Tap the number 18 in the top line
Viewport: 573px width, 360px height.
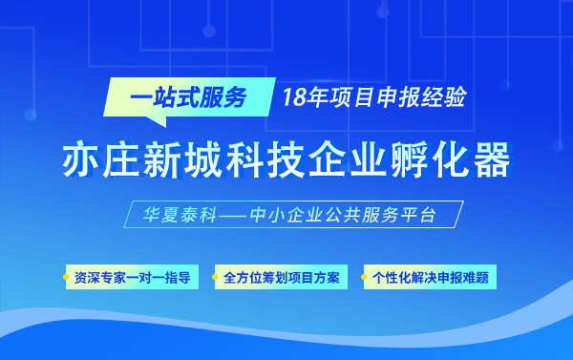point(292,97)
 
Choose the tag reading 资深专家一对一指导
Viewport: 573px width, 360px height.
point(132,279)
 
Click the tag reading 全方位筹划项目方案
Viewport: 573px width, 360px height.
point(282,279)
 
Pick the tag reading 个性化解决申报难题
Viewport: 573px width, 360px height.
point(431,279)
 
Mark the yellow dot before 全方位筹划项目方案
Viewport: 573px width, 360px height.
point(217,279)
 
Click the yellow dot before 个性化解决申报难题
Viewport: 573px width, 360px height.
point(365,279)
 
